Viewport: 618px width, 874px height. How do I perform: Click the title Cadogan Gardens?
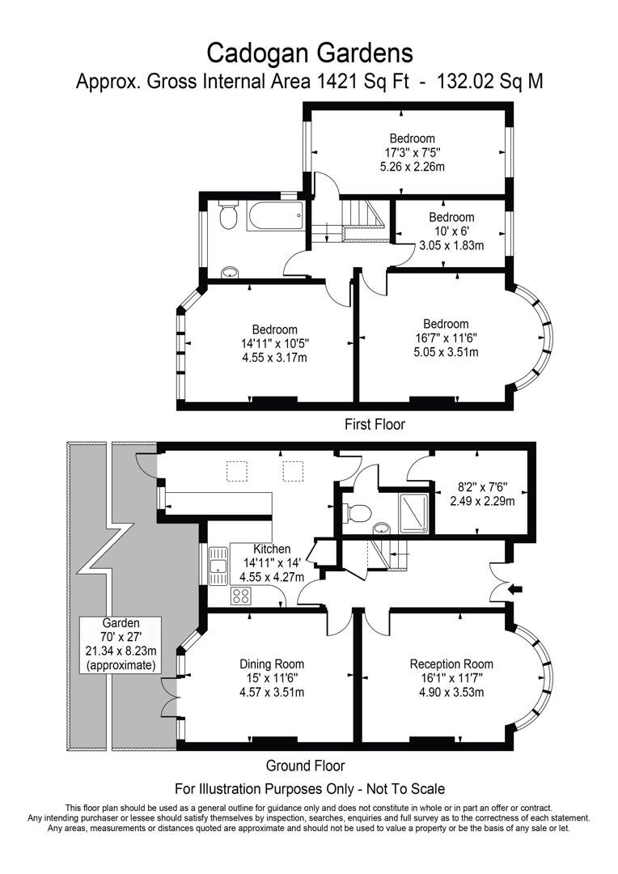click(310, 53)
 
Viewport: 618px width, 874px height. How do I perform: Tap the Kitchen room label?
click(272, 549)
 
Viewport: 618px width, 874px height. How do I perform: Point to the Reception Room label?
click(451, 664)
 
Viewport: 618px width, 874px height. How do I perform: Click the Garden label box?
click(121, 644)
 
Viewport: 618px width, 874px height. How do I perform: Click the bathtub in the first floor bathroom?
click(273, 216)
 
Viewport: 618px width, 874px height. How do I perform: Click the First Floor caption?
click(375, 423)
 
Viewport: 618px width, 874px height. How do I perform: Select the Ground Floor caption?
click(305, 766)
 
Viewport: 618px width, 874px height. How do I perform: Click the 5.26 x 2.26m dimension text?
click(412, 167)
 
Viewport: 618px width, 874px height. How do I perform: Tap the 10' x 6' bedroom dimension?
click(451, 231)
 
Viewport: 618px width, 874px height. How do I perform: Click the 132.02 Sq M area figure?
click(490, 82)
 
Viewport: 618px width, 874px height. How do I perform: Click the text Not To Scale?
click(401, 787)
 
